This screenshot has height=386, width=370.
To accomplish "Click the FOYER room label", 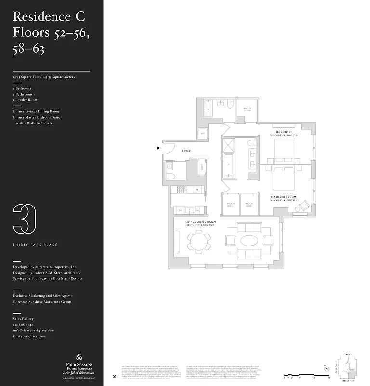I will click(x=186, y=151).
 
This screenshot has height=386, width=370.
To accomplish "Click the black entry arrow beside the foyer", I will click(x=159, y=148).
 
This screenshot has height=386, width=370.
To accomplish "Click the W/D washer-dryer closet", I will click(x=203, y=133).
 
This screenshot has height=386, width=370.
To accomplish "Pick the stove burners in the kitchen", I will click(x=181, y=190).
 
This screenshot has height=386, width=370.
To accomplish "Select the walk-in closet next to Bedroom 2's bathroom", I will click(x=247, y=110).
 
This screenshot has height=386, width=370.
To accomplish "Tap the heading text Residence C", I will click(x=49, y=16).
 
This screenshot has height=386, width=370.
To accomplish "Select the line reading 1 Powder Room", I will click(x=25, y=100).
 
